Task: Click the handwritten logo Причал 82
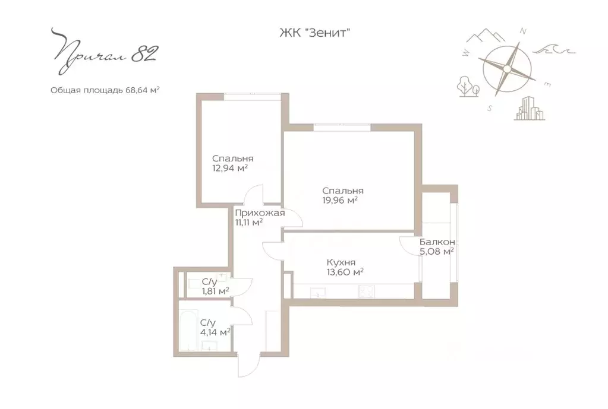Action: pos(104,51)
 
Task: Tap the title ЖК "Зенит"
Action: pos(315,33)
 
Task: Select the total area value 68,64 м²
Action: pos(142,90)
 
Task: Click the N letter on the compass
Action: pos(522,31)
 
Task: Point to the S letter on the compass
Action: pos(490,109)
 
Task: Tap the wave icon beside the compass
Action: pos(554,50)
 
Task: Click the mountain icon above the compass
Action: pos(486,35)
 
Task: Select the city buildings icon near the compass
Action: pos(530,109)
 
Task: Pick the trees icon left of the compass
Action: pos(468,86)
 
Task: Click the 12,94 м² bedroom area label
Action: pos(229,168)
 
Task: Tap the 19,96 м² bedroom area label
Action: pos(340,200)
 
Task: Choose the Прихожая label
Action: pos(260,213)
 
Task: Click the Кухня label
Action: pos(341,262)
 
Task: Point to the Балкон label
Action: pos(437,242)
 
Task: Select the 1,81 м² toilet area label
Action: pos(216,291)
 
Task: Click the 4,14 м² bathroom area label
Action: pos(215,332)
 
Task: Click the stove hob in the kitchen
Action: pos(367,291)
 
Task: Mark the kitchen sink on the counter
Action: pos(318,293)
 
